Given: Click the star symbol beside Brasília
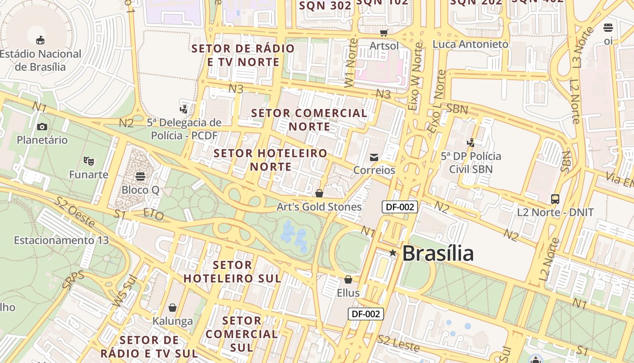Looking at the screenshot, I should pos(393,253).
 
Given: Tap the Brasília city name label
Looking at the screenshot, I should pos(437,253).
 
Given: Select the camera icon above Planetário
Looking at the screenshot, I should pos(42,127).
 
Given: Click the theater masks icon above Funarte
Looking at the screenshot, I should pos(89,161).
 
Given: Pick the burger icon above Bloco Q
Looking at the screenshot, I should pos(140,176).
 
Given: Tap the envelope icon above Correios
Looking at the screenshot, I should pos(374,157).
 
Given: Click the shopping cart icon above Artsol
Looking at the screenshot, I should pos(384,32).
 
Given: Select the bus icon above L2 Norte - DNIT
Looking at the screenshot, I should pos(555,199).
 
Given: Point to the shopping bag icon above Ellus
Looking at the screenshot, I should pos(348,280).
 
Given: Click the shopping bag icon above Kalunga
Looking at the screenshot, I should pos(172,308).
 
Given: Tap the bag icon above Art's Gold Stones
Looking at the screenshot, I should pos(319,193).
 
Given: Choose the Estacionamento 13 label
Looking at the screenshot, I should pos(62,240).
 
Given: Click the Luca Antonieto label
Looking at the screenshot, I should pos(471,44).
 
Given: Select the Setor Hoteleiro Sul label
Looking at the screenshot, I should pos(232,271).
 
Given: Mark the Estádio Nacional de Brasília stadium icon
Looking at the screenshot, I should pos(40,40).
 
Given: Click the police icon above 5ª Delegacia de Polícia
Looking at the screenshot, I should pos(183,109).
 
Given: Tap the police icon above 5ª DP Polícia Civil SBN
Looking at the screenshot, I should pos(471,142).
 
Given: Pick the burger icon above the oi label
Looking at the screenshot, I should pos(608,28).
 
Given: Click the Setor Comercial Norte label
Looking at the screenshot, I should pos(309,119).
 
